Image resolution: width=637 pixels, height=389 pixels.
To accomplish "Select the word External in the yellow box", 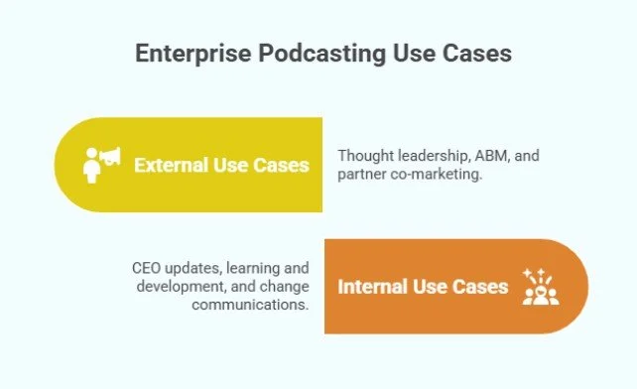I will click(x=171, y=165).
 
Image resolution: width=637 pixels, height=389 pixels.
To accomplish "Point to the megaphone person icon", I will click(x=101, y=164).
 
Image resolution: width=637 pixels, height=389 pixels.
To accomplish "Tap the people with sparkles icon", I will click(x=540, y=286).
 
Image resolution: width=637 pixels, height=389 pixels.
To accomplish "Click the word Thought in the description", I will click(x=364, y=156).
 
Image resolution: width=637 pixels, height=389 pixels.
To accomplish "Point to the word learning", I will click(x=252, y=268).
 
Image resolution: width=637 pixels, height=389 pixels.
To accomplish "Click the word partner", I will click(x=363, y=175).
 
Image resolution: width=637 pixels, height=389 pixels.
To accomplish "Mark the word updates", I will click(x=194, y=268).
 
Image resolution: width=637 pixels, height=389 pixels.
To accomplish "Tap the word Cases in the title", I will click(x=472, y=53).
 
